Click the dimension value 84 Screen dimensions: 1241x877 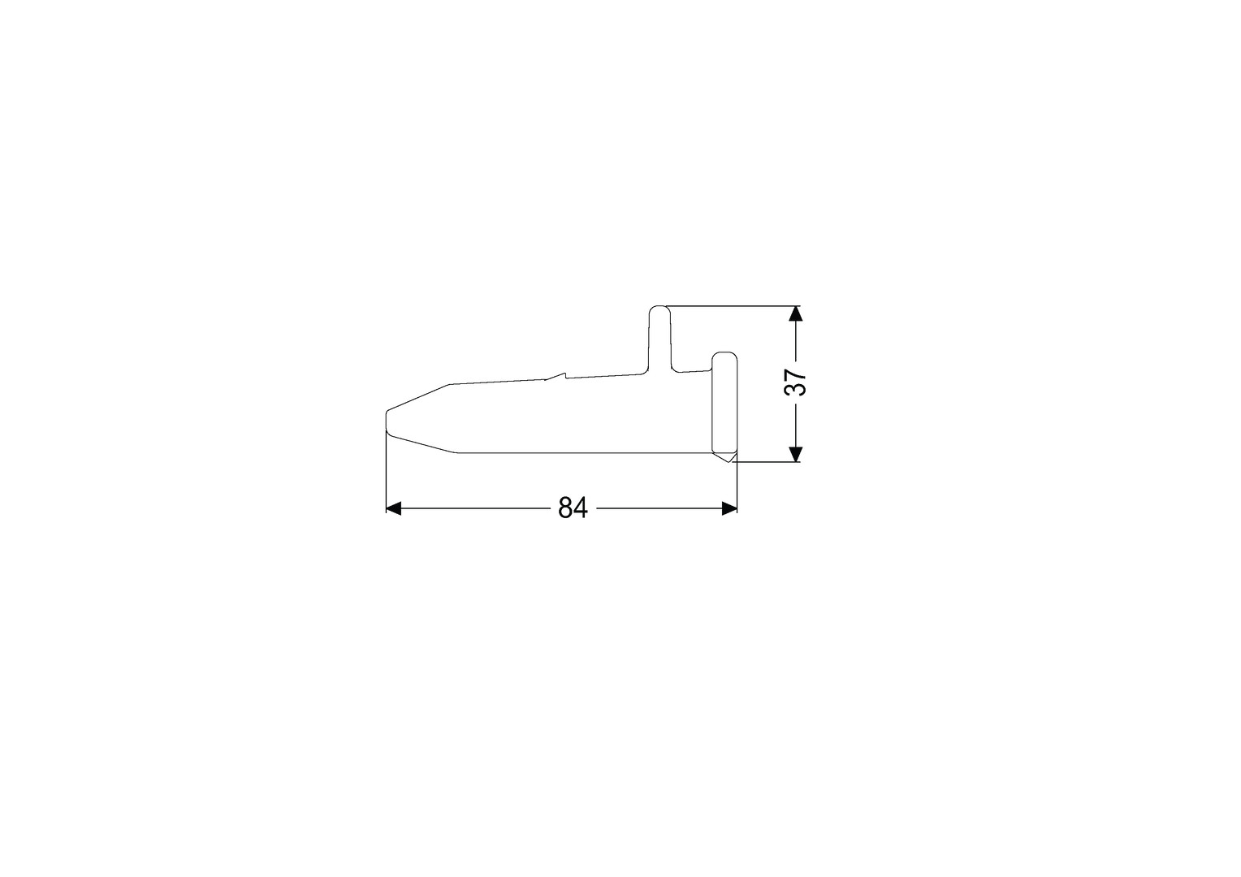pos(573,508)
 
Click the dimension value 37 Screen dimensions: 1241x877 pos(795,382)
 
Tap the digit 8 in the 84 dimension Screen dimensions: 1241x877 pos(565,508)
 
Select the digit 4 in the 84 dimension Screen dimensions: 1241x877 pos(581,508)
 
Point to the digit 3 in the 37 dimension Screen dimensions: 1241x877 pos(795,390)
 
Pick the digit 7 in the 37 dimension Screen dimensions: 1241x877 pos(795,374)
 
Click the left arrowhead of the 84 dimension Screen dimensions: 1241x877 pos(393,508)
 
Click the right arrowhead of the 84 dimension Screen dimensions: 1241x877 pos(729,508)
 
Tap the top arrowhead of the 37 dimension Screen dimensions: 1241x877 pos(795,313)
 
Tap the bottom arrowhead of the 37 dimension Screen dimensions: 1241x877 pos(795,454)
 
